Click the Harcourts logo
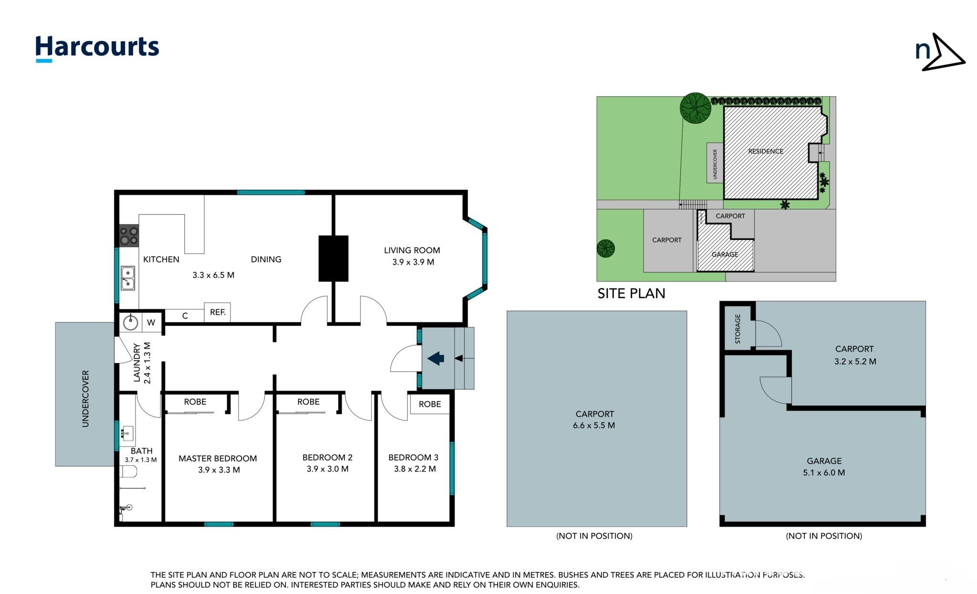tap(97, 49)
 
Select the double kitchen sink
tap(127, 278)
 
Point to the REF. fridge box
tap(218, 313)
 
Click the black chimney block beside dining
tap(333, 258)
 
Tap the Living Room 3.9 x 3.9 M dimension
tap(413, 262)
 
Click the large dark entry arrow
tap(436, 358)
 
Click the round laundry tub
tap(130, 323)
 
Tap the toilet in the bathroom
tap(129, 471)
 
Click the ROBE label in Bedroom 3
tap(430, 404)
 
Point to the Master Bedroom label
tap(218, 459)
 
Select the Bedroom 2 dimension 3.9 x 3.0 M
tap(328, 469)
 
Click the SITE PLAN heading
tap(631, 293)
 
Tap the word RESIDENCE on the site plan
tap(766, 151)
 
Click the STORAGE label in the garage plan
tap(738, 329)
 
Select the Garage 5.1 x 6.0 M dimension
tap(824, 473)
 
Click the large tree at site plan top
tap(695, 108)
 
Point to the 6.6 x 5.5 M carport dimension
tap(594, 425)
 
